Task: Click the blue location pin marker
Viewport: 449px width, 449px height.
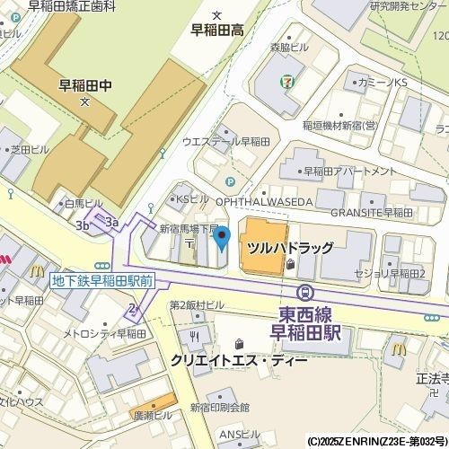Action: click(221, 239)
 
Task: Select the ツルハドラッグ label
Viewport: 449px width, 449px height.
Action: click(290, 248)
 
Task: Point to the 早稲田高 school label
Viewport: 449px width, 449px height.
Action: click(217, 30)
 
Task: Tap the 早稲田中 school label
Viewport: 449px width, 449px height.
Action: click(84, 86)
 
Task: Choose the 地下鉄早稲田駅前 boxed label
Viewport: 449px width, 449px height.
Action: click(102, 281)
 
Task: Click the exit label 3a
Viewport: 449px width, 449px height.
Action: click(111, 221)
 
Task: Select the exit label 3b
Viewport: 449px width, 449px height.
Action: click(83, 225)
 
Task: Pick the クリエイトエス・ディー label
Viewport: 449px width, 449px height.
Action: click(239, 360)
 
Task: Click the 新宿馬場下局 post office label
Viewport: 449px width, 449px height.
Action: click(189, 228)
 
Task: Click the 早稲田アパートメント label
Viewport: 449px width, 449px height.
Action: click(349, 171)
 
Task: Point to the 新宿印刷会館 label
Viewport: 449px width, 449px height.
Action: click(219, 408)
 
